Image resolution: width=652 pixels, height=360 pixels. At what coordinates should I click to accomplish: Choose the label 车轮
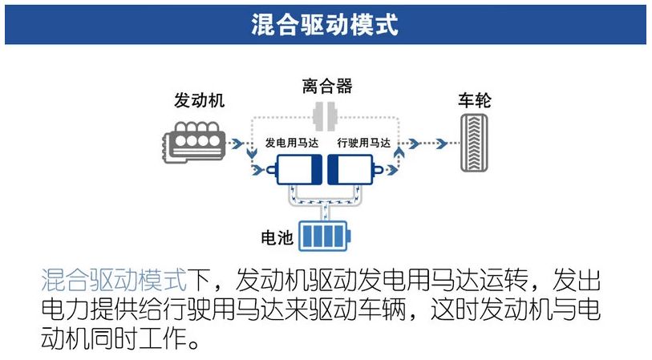pos(474,100)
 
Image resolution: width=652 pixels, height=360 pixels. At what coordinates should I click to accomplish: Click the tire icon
pos(475,144)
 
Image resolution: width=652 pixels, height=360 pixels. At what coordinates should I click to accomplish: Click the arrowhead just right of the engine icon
pos(236,144)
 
